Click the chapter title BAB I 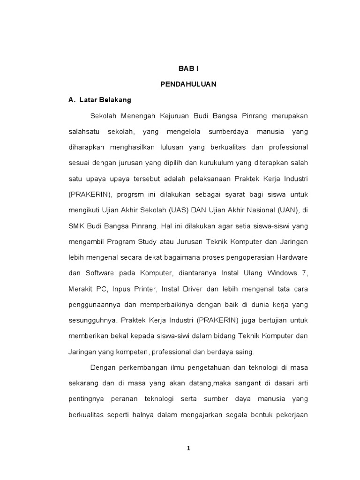[188, 68]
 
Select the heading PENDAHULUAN [188, 84]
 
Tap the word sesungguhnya [93, 320]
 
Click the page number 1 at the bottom [188, 448]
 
